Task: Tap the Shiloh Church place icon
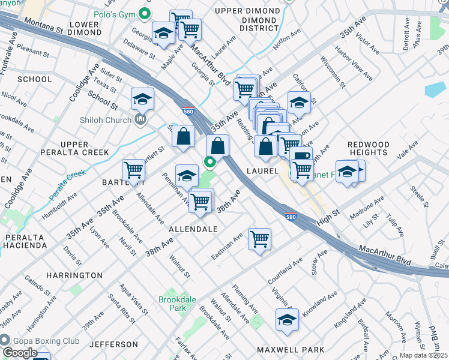point(141,120)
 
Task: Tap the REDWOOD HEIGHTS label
point(368,149)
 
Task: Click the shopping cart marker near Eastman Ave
point(259,239)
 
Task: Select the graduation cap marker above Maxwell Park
point(288,319)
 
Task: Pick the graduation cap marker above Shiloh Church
point(142,98)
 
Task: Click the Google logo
point(19,352)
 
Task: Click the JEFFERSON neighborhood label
point(114,344)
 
